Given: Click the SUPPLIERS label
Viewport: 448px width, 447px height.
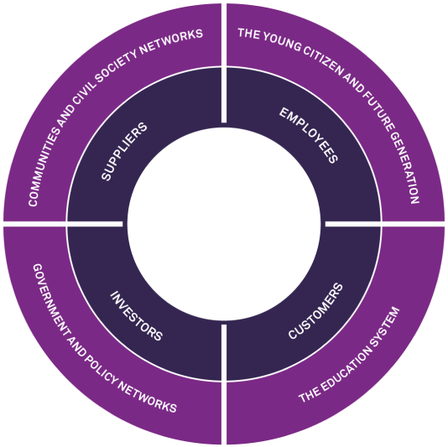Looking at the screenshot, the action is click(124, 152).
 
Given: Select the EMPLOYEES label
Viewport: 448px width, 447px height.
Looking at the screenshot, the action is click(309, 135).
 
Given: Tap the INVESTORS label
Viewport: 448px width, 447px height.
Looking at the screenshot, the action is click(136, 316).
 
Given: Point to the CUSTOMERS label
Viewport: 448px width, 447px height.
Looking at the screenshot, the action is click(315, 311).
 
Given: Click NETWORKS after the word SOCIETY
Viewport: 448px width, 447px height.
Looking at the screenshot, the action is click(171, 41).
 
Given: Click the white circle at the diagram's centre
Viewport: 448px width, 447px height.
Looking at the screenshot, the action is click(224, 224).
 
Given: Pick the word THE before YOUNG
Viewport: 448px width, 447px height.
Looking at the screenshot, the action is click(249, 34).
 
